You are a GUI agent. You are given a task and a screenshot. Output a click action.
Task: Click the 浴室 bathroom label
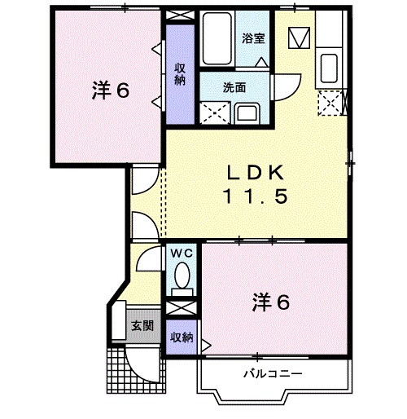253,37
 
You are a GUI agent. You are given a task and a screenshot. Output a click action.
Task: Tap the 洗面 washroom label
236,86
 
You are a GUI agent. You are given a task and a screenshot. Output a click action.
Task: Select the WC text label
180,253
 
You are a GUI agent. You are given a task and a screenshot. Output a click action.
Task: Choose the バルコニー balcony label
273,373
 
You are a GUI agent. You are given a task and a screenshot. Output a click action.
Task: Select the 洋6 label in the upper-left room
111,90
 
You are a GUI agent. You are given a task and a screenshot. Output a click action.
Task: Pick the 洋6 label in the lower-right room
272,302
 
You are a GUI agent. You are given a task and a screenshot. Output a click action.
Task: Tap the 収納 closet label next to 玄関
181,337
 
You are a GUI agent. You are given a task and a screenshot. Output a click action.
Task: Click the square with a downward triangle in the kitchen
299,37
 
